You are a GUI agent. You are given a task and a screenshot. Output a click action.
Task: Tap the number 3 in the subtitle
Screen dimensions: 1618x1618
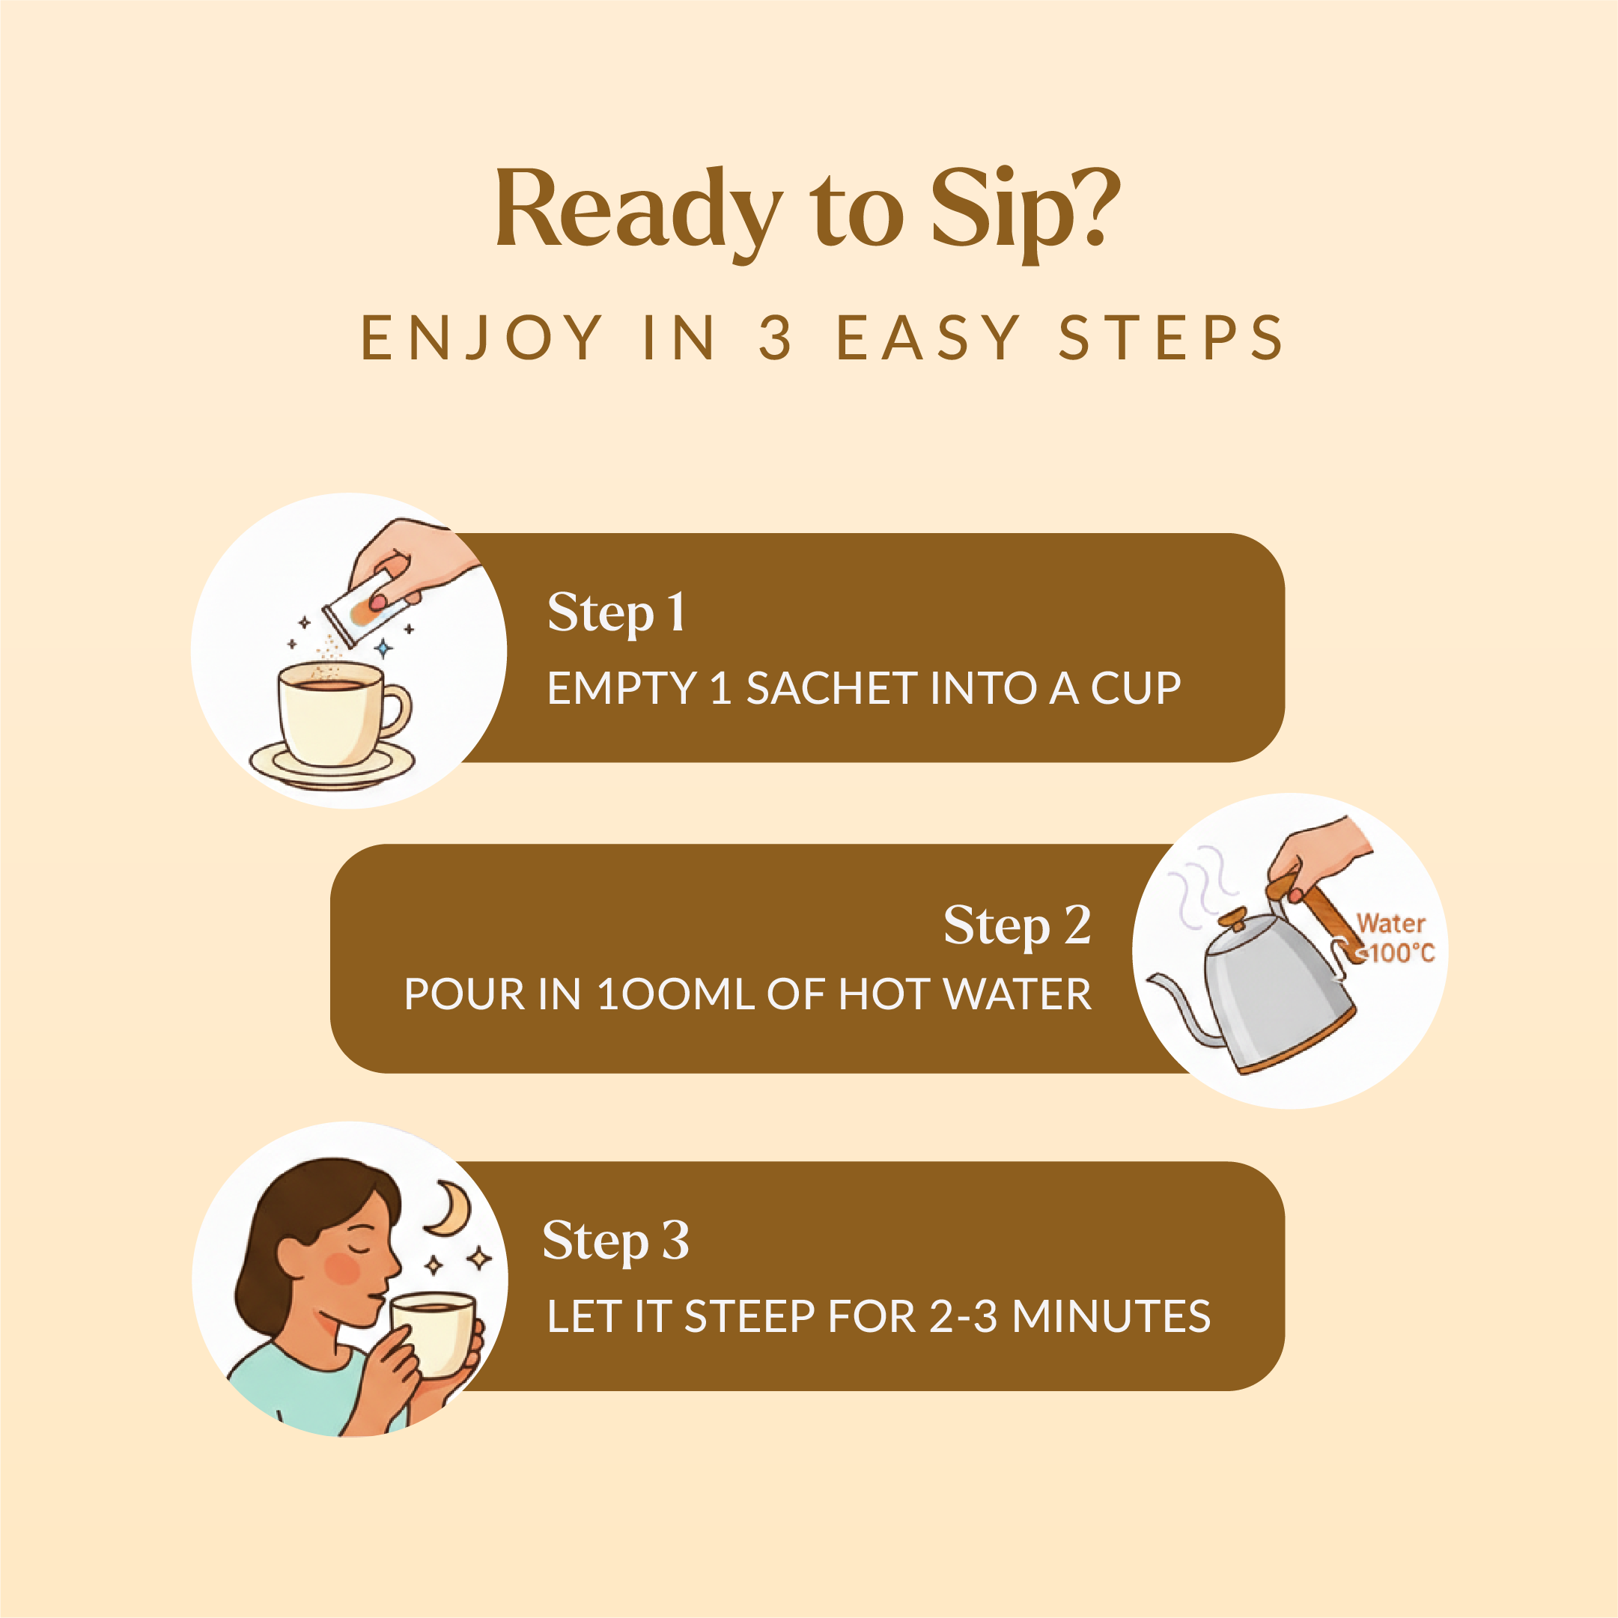[x=776, y=338]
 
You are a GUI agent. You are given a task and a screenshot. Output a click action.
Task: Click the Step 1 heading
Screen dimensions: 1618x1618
[x=616, y=612]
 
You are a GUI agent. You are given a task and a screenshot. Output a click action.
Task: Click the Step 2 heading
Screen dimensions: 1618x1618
[x=1017, y=925]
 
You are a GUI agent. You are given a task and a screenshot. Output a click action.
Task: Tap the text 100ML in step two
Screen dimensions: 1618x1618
[x=675, y=994]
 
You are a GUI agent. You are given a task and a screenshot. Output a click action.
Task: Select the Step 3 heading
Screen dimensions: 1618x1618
[x=615, y=1241]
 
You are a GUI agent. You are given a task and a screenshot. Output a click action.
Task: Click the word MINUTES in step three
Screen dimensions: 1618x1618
[x=1111, y=1316]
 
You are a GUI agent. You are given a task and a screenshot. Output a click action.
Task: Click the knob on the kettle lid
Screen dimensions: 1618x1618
[x=1232, y=919]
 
